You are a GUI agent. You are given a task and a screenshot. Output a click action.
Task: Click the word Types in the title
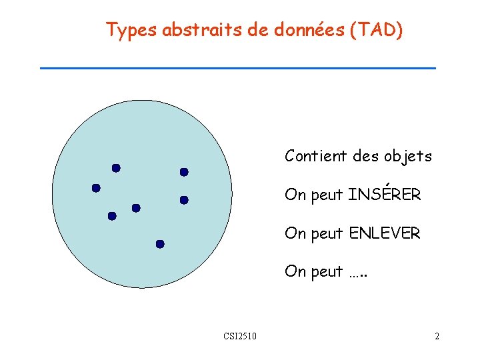point(129,31)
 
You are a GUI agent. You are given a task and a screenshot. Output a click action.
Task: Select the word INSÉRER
point(385,195)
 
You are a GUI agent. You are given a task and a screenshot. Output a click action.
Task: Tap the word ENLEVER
point(385,233)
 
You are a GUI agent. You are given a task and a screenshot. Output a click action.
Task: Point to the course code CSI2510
point(241,336)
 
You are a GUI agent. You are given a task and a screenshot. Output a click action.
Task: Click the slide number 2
point(437,336)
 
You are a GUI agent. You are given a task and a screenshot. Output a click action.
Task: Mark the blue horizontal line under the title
point(238,68)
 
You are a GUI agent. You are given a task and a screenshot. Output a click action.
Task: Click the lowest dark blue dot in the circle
point(160,244)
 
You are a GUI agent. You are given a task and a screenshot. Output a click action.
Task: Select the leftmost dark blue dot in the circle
point(96,188)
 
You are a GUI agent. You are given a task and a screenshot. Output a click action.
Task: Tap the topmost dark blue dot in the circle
point(116,168)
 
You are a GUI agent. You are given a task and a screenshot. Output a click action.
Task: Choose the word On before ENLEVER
point(293,233)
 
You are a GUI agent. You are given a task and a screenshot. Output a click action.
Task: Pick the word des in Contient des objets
point(365,156)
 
